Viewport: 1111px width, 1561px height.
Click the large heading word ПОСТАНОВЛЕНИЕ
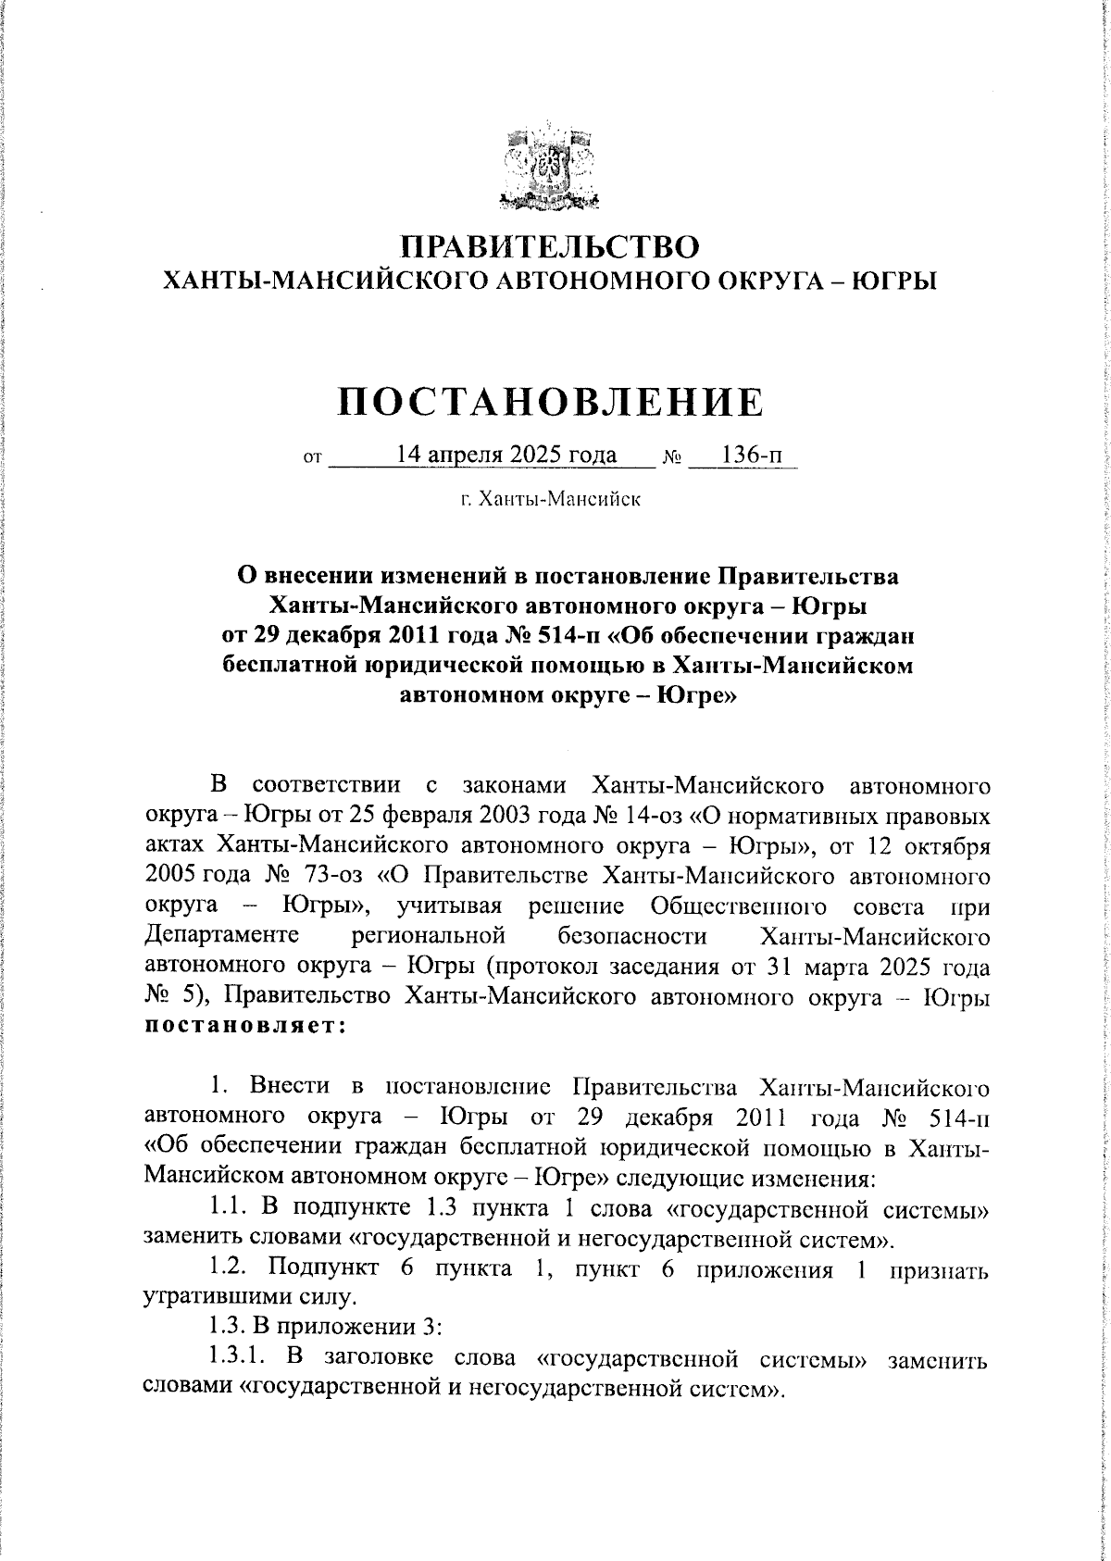point(552,402)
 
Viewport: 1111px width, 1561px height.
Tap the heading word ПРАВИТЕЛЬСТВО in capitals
point(552,246)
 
